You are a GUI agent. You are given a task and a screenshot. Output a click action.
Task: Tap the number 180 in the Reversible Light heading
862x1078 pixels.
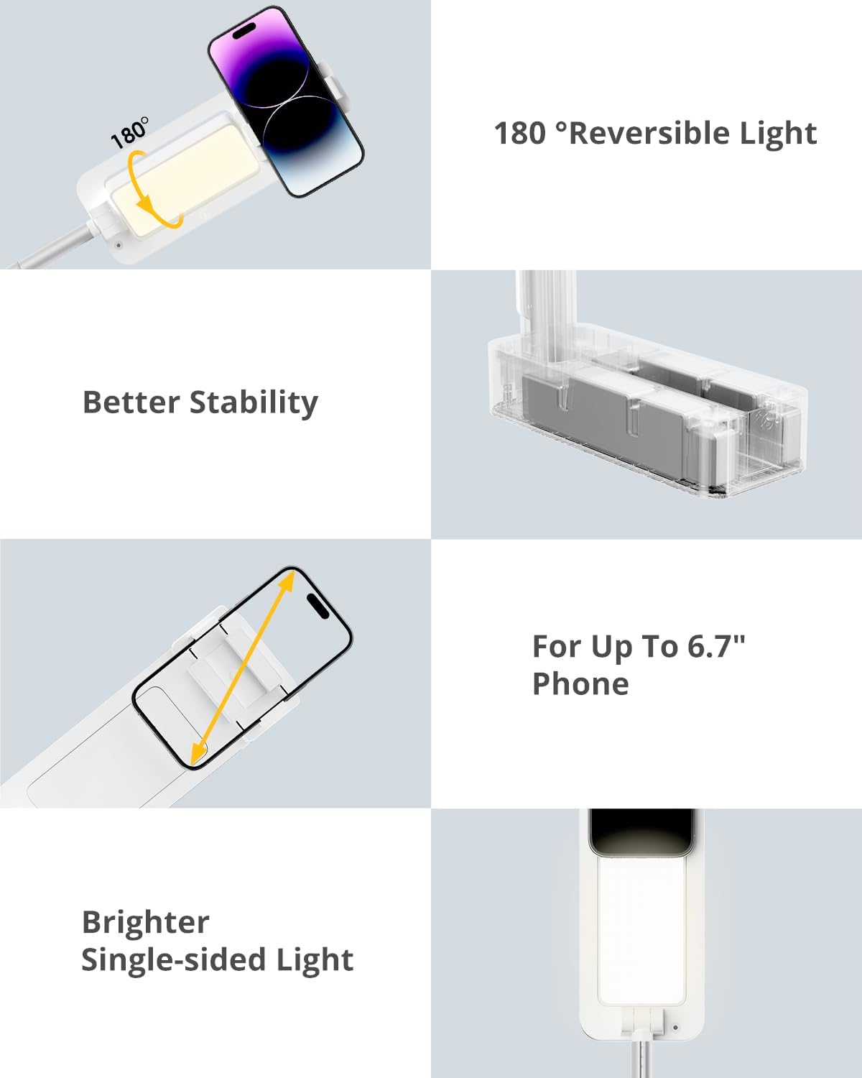coord(520,134)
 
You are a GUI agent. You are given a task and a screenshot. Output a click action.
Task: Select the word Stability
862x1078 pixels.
coord(254,403)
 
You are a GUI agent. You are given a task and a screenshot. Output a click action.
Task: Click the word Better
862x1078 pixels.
coord(131,402)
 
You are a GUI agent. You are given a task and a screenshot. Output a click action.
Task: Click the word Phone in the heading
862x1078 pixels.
coord(580,683)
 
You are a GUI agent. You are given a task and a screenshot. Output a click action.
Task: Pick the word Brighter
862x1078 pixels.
coord(145,923)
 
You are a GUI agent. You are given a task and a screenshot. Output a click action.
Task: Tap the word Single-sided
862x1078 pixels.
coord(173,960)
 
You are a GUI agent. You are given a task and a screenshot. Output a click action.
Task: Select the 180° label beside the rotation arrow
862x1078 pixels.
coord(129,133)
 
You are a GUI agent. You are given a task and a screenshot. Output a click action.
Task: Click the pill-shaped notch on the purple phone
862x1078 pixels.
coord(243,32)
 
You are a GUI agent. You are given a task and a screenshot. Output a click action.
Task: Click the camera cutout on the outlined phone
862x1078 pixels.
coord(318,606)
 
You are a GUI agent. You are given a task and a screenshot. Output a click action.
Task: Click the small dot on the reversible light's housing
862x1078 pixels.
coord(119,246)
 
